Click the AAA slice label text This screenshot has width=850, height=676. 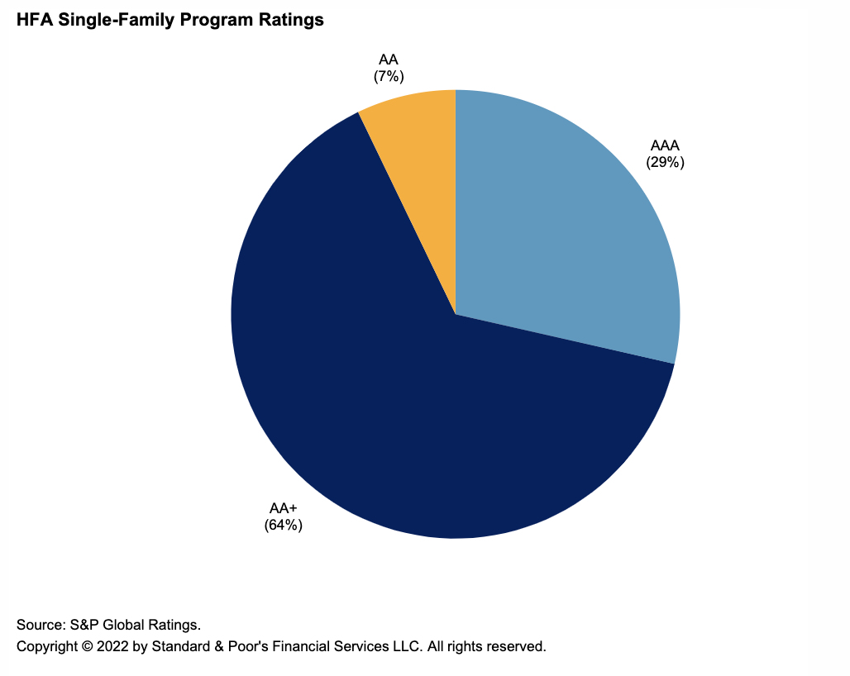[665, 147]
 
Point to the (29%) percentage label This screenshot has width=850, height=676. [665, 162]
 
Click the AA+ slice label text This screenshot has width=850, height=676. [284, 508]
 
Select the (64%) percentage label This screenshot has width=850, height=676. [284, 524]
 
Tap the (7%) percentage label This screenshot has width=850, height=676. [388, 75]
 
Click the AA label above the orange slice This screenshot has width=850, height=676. [388, 60]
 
